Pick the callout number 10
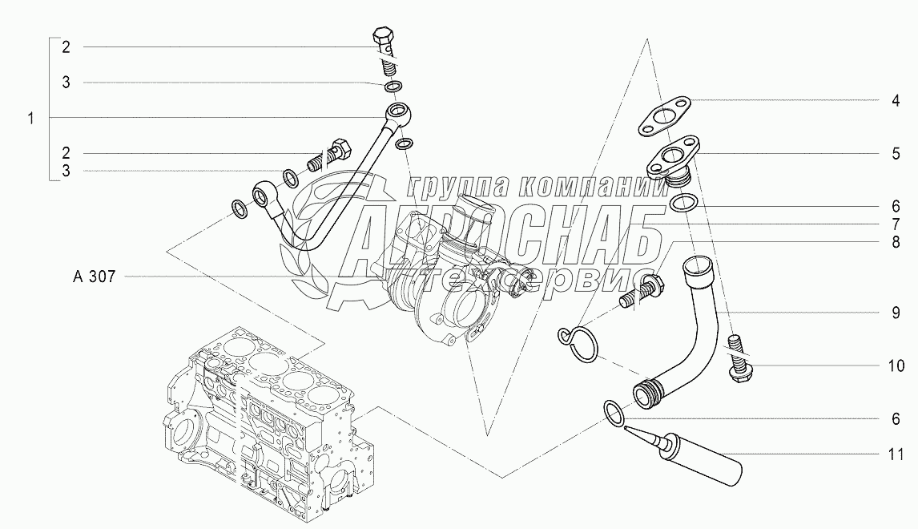point(896,366)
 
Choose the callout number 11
point(896,454)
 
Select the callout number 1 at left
point(31,119)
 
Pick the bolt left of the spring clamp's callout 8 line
point(640,293)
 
